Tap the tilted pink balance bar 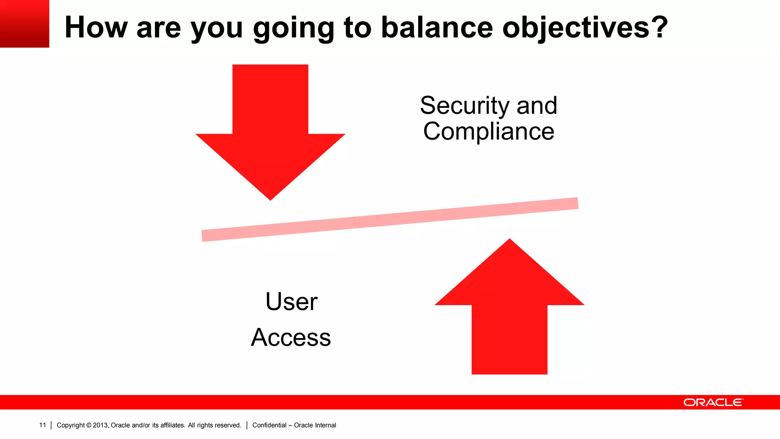[x=390, y=219]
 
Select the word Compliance [x=489, y=131]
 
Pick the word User [x=291, y=302]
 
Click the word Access [x=291, y=338]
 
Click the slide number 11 [x=42, y=425]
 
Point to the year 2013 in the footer [x=101, y=425]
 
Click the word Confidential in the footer [x=269, y=425]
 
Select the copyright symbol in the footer [x=89, y=425]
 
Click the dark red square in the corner [x=24, y=24]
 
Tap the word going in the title [x=293, y=28]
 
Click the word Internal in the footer [x=325, y=425]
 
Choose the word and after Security [x=537, y=106]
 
